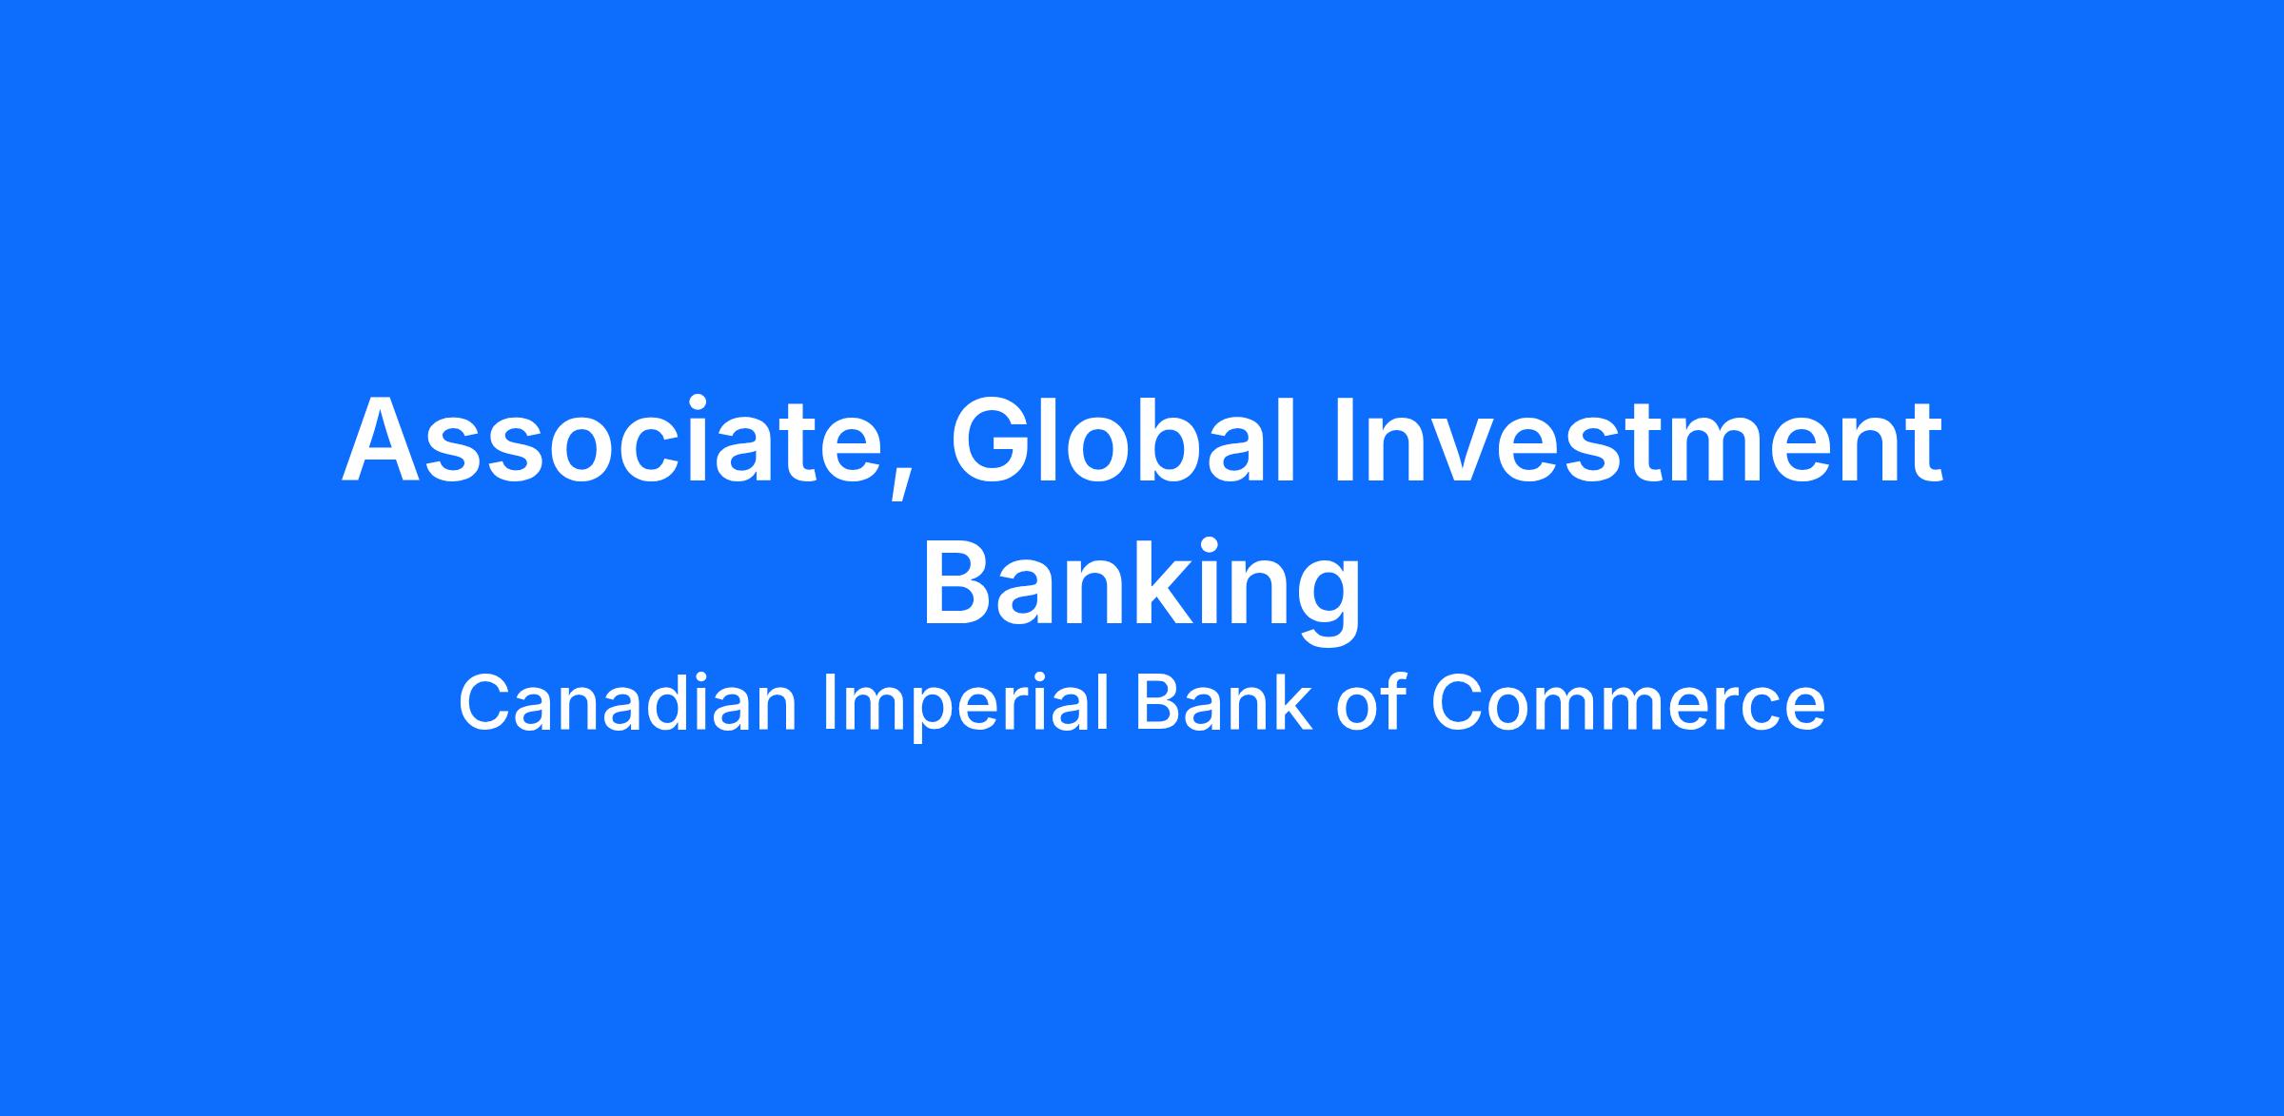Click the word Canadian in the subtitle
627,703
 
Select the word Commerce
1628,704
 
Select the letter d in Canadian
665,703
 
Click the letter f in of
1392,701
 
